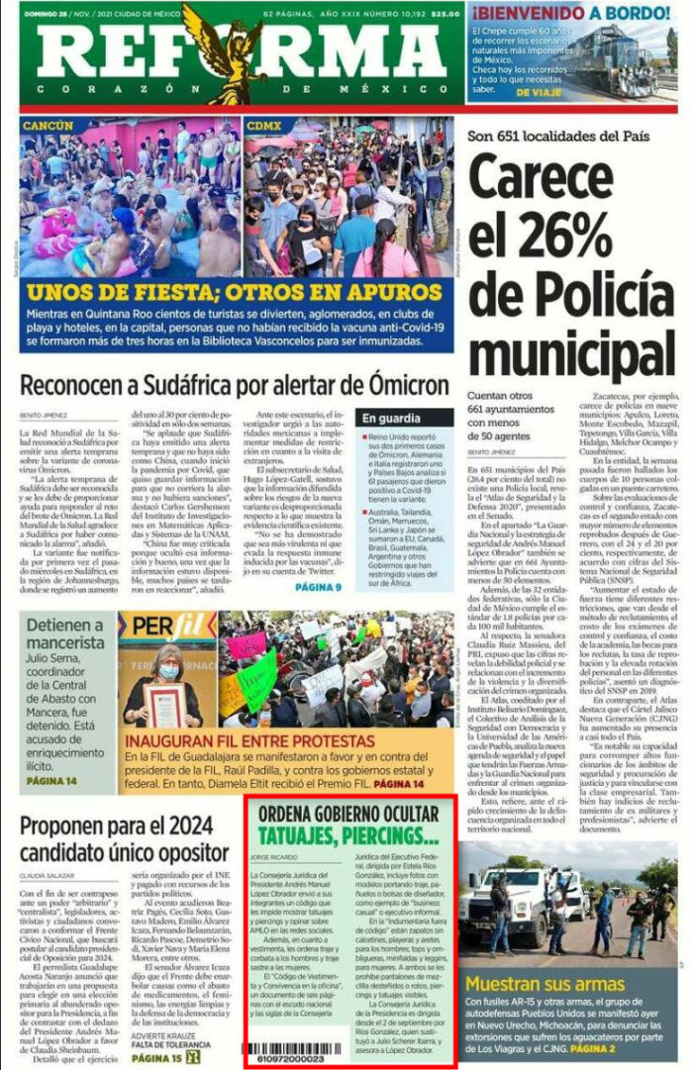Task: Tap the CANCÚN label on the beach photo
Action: tap(49, 126)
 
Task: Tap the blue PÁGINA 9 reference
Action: tap(319, 588)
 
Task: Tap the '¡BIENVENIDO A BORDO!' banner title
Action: tap(571, 13)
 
